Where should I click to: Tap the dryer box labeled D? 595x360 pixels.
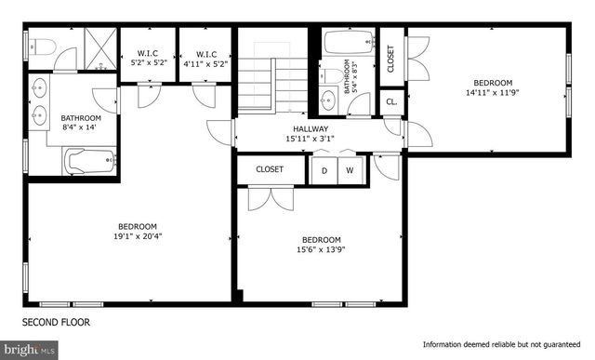click(x=324, y=170)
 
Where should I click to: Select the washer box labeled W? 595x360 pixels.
click(x=350, y=170)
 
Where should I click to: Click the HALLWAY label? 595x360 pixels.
click(x=310, y=129)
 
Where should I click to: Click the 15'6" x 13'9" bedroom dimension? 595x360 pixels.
click(x=321, y=248)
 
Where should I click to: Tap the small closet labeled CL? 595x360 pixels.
click(x=391, y=101)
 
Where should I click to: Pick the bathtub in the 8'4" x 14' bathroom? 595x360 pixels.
click(x=90, y=162)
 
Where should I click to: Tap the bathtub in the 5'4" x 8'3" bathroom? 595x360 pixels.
click(x=349, y=44)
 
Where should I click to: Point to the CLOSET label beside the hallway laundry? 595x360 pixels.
click(x=270, y=169)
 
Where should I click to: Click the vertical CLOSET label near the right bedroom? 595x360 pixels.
click(x=390, y=57)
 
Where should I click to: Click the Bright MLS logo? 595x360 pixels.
click(x=30, y=350)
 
